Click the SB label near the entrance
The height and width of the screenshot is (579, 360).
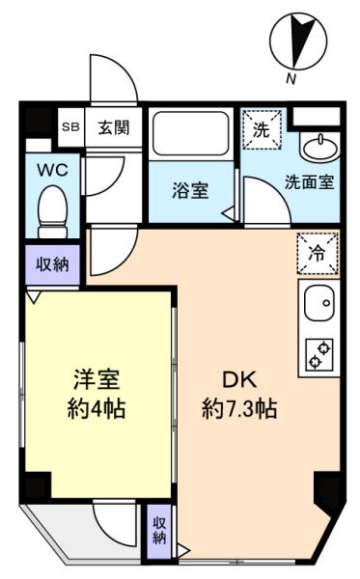click(70, 127)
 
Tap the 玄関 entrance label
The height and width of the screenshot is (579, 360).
click(114, 127)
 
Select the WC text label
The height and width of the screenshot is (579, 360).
click(52, 170)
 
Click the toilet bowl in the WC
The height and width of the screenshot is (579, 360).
click(53, 212)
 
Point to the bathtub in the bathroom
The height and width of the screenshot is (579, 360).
click(191, 133)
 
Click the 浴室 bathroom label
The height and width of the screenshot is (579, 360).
click(190, 190)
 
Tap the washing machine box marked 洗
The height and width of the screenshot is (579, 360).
click(262, 129)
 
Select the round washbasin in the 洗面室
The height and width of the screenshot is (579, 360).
click(320, 148)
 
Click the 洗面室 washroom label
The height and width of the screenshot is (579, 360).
click(310, 182)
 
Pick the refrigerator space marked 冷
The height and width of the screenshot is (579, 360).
click(318, 254)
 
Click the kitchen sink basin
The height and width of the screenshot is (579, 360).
click(319, 304)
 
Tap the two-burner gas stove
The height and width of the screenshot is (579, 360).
click(319, 355)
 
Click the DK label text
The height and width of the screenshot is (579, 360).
click(239, 380)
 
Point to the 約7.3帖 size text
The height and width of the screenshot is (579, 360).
click(239, 408)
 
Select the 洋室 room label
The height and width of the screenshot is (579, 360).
click(97, 379)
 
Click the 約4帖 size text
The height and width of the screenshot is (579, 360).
click(97, 408)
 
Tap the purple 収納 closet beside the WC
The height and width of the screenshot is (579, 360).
click(52, 264)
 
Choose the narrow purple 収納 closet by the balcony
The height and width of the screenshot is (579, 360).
click(159, 530)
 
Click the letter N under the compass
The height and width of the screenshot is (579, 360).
click(291, 79)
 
